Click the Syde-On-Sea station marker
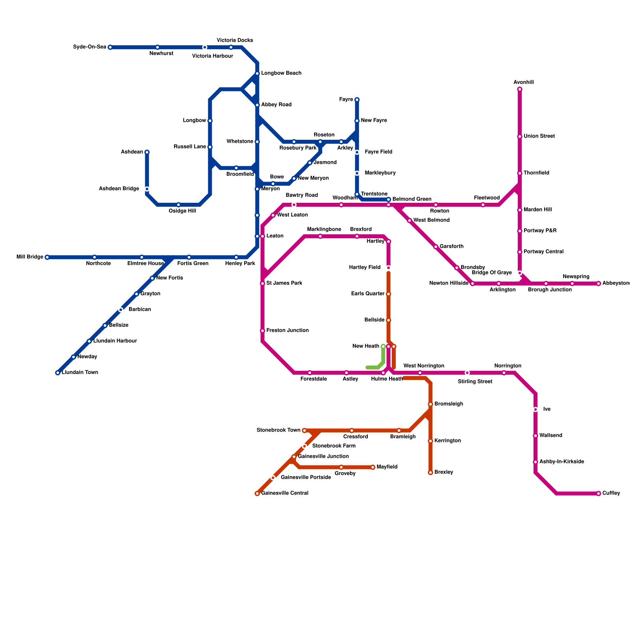(x=110, y=47)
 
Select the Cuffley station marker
(x=598, y=493)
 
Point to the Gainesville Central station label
(x=285, y=493)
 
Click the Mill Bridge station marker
(x=47, y=257)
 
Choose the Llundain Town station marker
(x=58, y=372)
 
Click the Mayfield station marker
(x=372, y=467)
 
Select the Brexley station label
(x=444, y=472)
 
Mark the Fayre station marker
(x=357, y=100)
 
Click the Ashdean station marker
(x=147, y=152)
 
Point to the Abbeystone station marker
(x=598, y=283)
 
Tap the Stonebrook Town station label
(x=278, y=430)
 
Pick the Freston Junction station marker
(x=263, y=331)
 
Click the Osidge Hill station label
(x=182, y=211)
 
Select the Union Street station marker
(x=520, y=137)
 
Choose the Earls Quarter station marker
(x=389, y=294)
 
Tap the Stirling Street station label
(x=475, y=382)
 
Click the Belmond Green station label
(x=412, y=199)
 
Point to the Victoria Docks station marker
(x=231, y=47)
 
